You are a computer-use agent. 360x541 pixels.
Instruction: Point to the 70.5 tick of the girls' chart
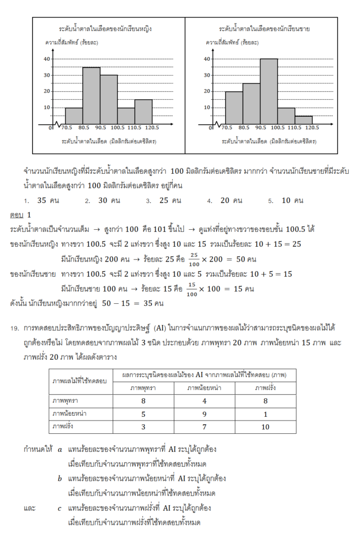66,128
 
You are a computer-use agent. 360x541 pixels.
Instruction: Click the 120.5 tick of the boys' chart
312,128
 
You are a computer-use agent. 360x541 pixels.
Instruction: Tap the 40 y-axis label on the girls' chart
47,59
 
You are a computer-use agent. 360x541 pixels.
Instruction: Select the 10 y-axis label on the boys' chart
207,107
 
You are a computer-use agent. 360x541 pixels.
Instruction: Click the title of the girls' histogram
108,28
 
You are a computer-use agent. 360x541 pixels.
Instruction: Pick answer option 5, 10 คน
292,201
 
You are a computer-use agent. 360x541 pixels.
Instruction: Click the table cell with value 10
265,426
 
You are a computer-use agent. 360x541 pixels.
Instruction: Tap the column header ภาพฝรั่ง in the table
265,388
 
